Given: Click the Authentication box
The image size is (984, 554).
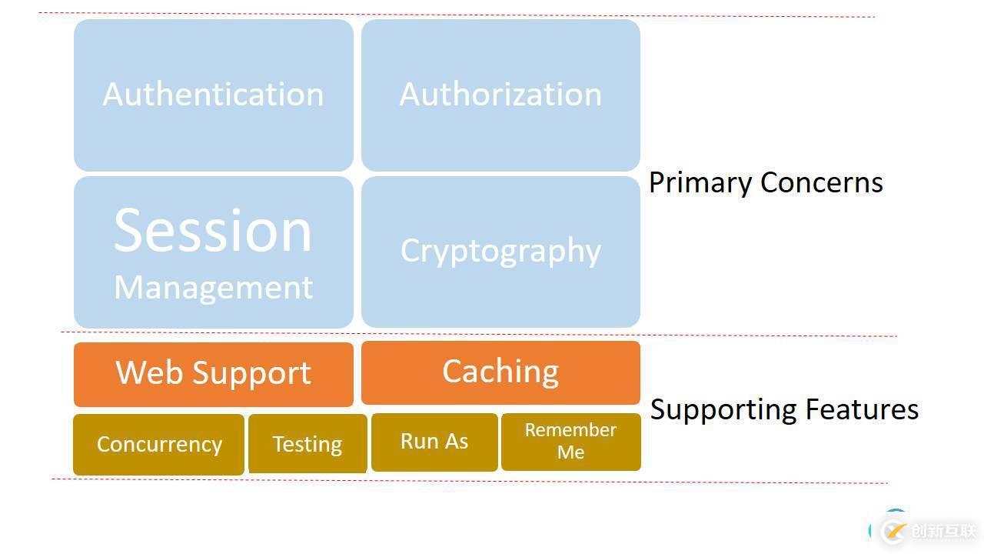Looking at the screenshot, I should pos(213,95).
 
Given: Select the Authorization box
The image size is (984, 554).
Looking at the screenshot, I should pos(500,95).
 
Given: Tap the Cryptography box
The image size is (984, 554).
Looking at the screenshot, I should pos(500,252).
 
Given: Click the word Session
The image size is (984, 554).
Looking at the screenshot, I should pos(213,230).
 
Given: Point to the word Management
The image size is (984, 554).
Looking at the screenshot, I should pos(213,287).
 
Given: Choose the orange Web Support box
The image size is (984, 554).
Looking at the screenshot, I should pos(213,374).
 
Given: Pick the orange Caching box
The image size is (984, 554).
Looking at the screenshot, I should pos(500,372).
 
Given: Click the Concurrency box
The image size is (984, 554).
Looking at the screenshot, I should pos(159,445).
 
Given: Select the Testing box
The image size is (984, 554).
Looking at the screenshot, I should pos(307,445).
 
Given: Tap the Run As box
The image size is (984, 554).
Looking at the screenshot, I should pos(434,442).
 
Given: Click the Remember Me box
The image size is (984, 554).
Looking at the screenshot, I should pos(570,442).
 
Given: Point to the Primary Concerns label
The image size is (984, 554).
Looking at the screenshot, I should pos(766,183).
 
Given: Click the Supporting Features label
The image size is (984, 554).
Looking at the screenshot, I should pos(784,409).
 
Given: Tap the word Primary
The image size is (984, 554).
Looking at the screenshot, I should pos(700,183).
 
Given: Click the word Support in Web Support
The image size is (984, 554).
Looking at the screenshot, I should pos(251,374).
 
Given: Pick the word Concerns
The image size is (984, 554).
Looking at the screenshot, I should pos(821,183).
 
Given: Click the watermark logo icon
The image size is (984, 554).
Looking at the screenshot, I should pos(893,531).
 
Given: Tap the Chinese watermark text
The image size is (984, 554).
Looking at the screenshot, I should pos(942,531).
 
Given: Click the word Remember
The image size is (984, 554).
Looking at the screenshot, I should pos(570,430).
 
